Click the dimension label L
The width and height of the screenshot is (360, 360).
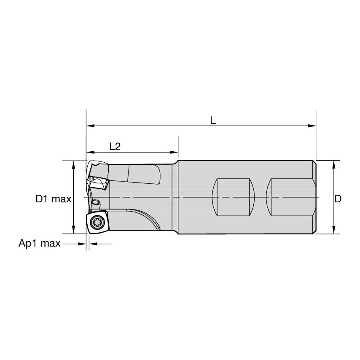point(213,121)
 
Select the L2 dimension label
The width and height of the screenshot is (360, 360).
point(115,146)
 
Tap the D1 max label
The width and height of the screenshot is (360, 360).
point(54,199)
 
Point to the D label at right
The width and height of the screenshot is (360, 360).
point(338,199)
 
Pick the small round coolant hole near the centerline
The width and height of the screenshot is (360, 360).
point(96,203)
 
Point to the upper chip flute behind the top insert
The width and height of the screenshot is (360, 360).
point(143,175)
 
